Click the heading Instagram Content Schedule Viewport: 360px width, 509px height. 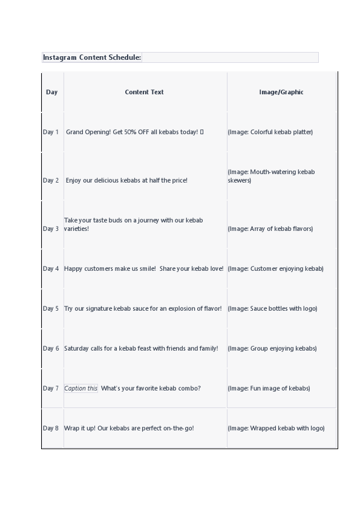tap(92, 57)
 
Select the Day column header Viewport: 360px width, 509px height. tap(51, 92)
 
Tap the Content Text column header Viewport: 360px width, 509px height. tap(144, 92)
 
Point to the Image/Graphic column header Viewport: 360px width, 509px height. tap(281, 92)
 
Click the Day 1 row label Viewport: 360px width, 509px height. tap(51, 132)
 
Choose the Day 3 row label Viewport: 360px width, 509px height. tap(51, 229)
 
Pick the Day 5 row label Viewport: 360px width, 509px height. tap(51, 308)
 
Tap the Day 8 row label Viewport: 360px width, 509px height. tap(51, 428)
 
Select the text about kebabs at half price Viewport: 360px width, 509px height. tap(126, 180)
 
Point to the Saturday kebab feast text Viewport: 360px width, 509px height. tap(141, 348)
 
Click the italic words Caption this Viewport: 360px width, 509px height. tap(81, 388)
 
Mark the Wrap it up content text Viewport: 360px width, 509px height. tap(129, 428)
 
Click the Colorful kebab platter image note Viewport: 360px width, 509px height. tap(270, 132)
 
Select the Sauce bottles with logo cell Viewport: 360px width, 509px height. tap(272, 308)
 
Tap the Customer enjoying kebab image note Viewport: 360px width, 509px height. tap(275, 268)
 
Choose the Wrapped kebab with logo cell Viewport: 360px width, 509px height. tap(276, 428)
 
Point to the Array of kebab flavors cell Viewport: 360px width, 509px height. tap(270, 229)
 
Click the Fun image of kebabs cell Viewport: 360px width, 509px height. tap(269, 388)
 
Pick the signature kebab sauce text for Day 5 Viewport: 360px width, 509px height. tap(143, 308)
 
